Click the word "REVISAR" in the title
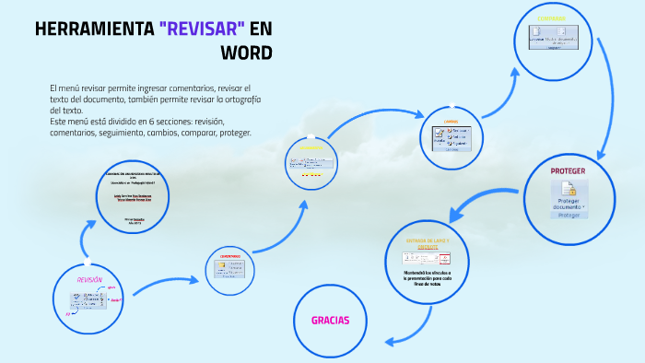[204, 29]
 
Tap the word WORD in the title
[245, 52]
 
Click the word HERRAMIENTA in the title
[93, 29]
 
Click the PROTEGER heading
[568, 171]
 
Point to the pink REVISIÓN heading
[89, 279]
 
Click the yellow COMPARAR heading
[552, 18]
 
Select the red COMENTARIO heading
[230, 256]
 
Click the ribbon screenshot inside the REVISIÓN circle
[90, 299]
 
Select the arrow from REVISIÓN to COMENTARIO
[166, 286]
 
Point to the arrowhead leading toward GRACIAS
[390, 342]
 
